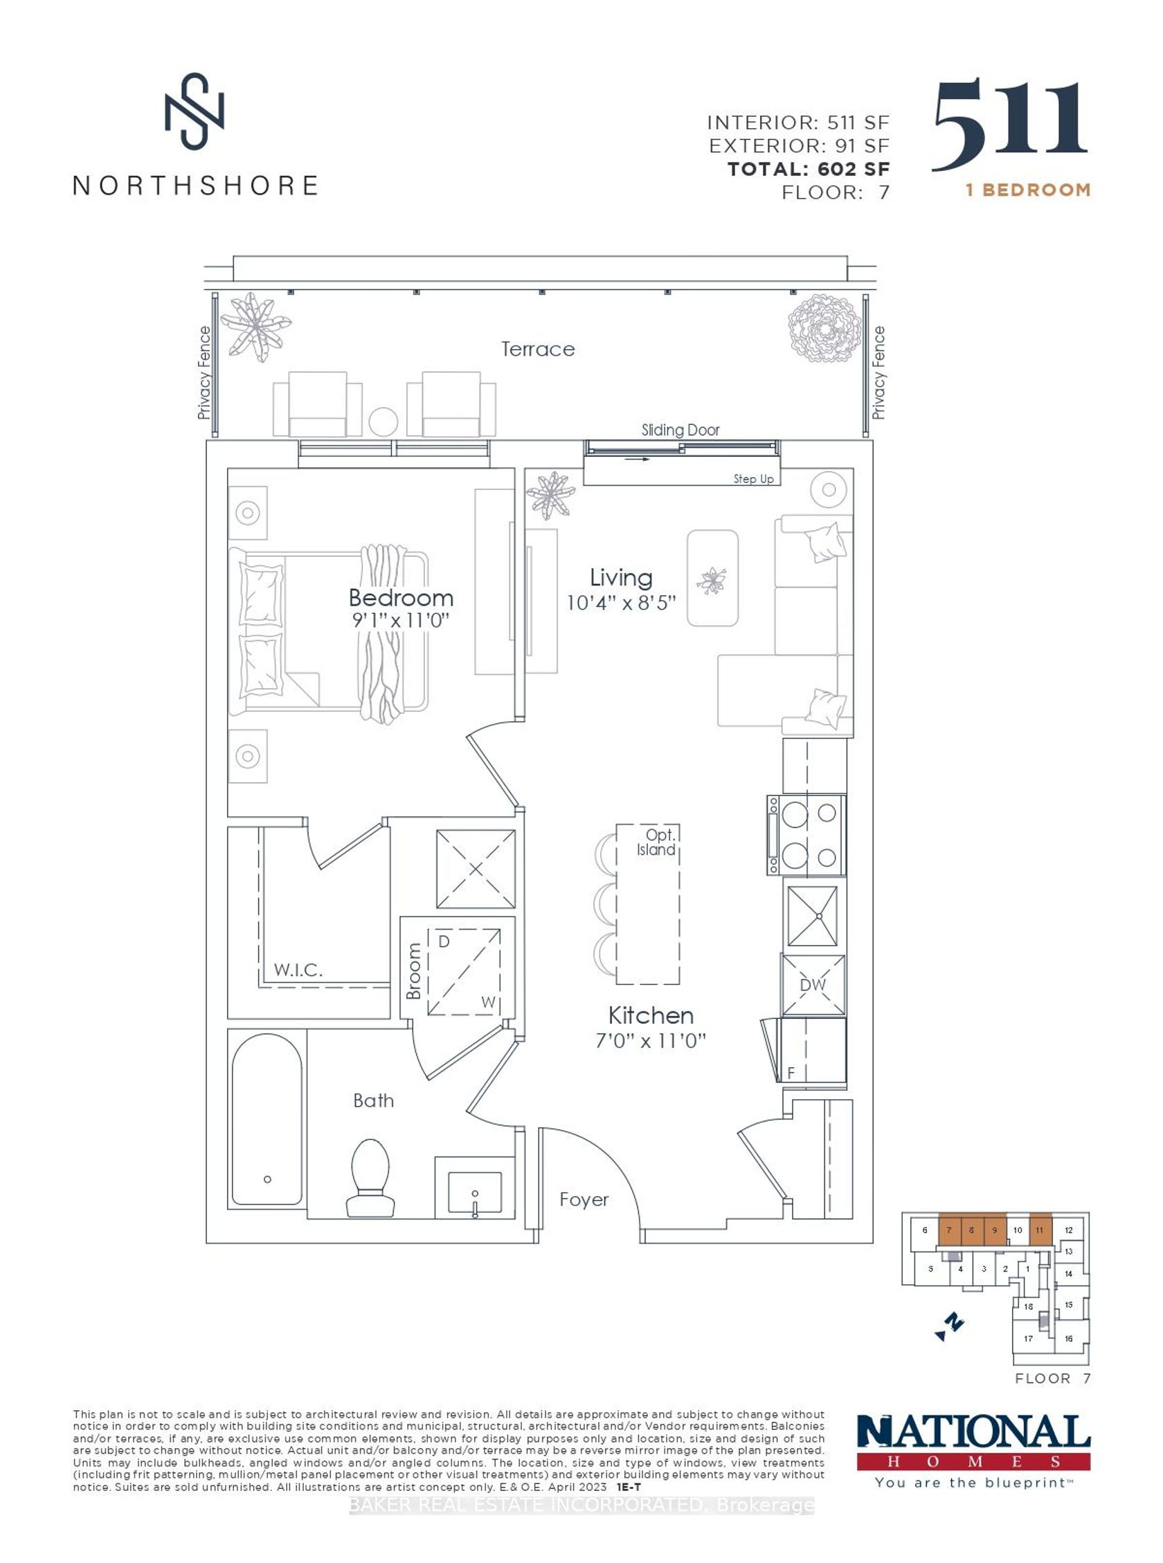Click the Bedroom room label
tap(401, 598)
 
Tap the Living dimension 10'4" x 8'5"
tap(621, 603)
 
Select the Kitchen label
tap(651, 1015)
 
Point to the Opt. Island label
tap(657, 842)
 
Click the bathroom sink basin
tap(475, 1191)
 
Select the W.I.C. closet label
tap(298, 970)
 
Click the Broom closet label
tap(414, 971)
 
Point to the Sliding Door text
tap(680, 430)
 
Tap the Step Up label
tap(753, 479)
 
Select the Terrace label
tap(538, 349)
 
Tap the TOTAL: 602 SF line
tap(808, 169)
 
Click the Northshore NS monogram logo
tap(195, 112)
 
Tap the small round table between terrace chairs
tap(384, 422)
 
